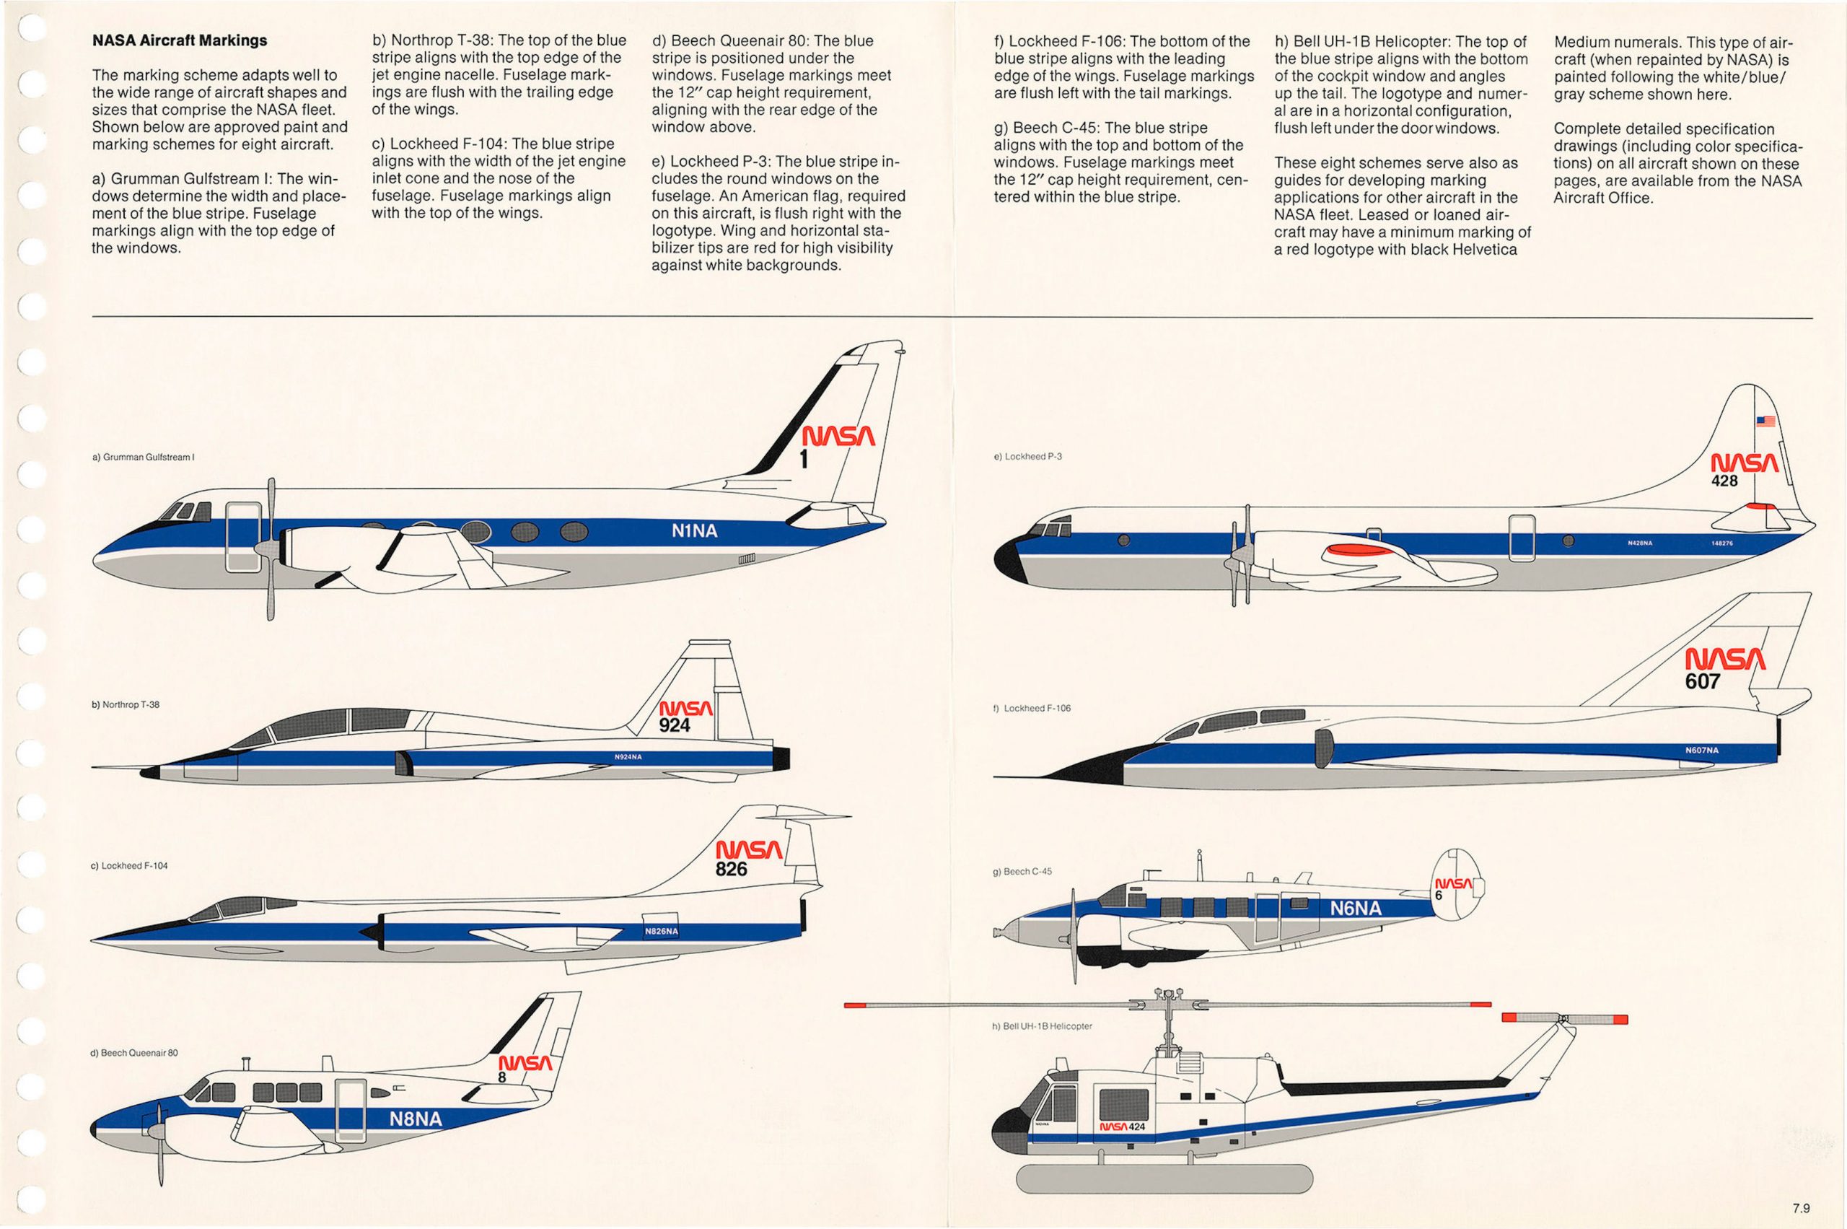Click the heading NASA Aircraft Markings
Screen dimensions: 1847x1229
180,40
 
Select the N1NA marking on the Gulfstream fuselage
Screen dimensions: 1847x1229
694,531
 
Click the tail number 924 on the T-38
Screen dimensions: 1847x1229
674,725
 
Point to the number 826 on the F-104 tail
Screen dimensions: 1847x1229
731,869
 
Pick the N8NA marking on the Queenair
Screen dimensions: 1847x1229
416,1119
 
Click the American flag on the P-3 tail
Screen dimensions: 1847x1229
1765,421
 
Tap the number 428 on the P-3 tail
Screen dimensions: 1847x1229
1725,481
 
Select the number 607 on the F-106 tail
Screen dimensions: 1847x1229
1703,682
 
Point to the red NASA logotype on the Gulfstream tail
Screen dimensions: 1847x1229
838,436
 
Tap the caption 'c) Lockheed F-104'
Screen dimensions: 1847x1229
129,866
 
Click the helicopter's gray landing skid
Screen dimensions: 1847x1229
1164,1200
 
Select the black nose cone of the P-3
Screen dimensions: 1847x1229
1007,563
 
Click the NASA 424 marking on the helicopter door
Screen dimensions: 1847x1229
1122,1127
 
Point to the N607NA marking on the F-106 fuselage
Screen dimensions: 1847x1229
1702,750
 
